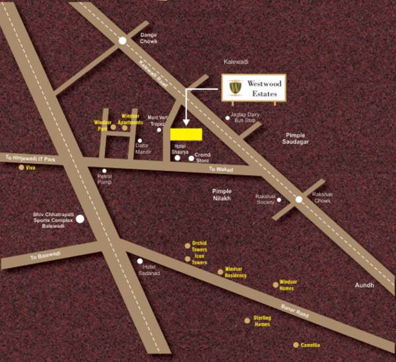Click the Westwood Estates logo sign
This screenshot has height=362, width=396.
point(253,89)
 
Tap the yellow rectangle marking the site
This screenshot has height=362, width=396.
point(186,134)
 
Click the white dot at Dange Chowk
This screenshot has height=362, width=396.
point(123,40)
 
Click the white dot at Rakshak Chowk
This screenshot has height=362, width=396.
point(298,199)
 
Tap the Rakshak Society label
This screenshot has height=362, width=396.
point(265,199)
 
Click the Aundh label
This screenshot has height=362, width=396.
point(364,285)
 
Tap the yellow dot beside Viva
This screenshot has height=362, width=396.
point(21,168)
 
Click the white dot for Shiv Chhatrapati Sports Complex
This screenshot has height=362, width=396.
point(80,219)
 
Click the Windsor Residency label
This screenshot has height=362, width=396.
point(236,272)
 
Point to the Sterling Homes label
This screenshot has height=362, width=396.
point(263,322)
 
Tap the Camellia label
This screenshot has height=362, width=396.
point(310,345)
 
